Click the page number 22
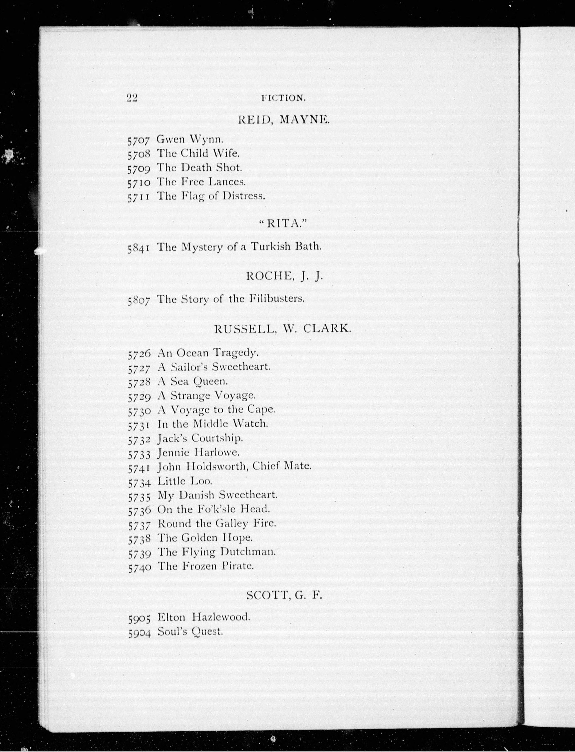[132, 98]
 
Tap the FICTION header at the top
[283, 99]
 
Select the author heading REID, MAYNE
[284, 120]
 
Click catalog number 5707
[139, 140]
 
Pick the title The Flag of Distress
[211, 196]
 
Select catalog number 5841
[139, 248]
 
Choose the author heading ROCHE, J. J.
[284, 277]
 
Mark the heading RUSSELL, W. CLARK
[283, 329]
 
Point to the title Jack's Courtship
[200, 438]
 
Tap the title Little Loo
[185, 481]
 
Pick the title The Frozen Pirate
[205, 566]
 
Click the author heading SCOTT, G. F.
[284, 595]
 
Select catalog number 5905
[139, 618]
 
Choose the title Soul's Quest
[190, 632]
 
